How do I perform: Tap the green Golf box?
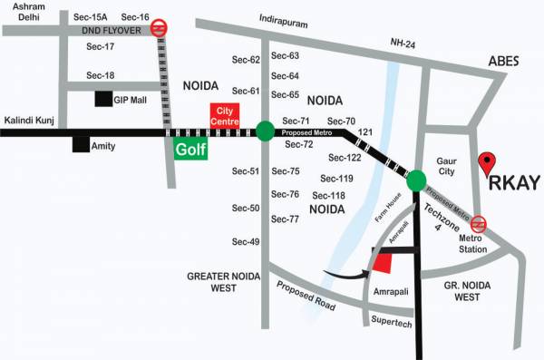[190, 147]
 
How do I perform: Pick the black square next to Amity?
[82, 144]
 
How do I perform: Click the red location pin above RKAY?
[488, 163]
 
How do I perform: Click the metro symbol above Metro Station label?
[478, 224]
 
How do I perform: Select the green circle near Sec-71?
[265, 131]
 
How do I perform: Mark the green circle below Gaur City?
[416, 181]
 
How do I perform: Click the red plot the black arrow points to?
[384, 260]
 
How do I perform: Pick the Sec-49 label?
[246, 241]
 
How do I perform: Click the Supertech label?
[393, 323]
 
